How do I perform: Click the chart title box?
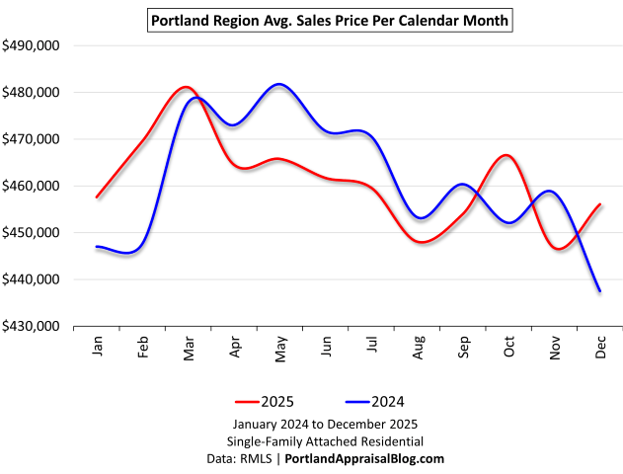331,19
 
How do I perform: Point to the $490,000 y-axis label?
33,45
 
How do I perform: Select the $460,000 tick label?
33,186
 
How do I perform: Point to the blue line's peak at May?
279,84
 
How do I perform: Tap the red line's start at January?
97,197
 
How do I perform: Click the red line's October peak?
506,155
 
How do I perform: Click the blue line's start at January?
97,247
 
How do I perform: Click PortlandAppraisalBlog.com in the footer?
364,458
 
